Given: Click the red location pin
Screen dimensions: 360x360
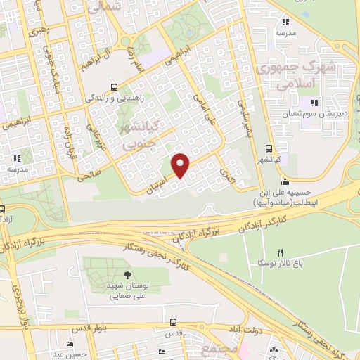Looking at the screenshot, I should (x=180, y=165).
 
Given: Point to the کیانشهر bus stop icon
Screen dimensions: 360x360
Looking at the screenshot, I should (x=269, y=148).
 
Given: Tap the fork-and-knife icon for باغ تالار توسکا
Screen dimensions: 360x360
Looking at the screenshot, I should (x=281, y=252).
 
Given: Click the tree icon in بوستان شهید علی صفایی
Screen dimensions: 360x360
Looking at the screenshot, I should (x=127, y=274).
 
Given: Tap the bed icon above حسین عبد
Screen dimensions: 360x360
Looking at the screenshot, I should (x=70, y=344).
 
